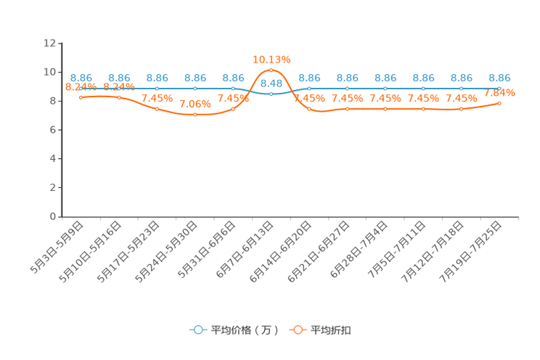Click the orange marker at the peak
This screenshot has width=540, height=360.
coord(271,70)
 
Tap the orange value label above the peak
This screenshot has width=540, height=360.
coord(271,59)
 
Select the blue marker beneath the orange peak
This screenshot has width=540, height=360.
coord(271,94)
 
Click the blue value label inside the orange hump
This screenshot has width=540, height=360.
coord(271,83)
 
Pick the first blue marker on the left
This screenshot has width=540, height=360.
coord(81,88)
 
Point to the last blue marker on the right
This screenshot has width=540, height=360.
coord(499,87)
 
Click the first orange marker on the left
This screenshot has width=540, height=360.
coord(81,97)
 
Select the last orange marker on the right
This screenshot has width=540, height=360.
coord(499,103)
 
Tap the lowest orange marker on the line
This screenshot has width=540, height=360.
coord(195,115)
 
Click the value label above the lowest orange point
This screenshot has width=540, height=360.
coord(195,105)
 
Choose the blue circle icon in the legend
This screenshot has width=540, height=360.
coord(198,330)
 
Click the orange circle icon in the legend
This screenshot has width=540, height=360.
coord(298,330)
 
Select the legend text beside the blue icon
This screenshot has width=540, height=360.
coord(244,330)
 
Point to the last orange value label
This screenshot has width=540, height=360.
coord(499,93)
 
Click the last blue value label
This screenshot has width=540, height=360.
coord(499,77)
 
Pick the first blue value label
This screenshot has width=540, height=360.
coord(81,77)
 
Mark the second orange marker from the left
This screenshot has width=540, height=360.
coord(119,97)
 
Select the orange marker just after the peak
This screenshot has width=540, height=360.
coord(309,109)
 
